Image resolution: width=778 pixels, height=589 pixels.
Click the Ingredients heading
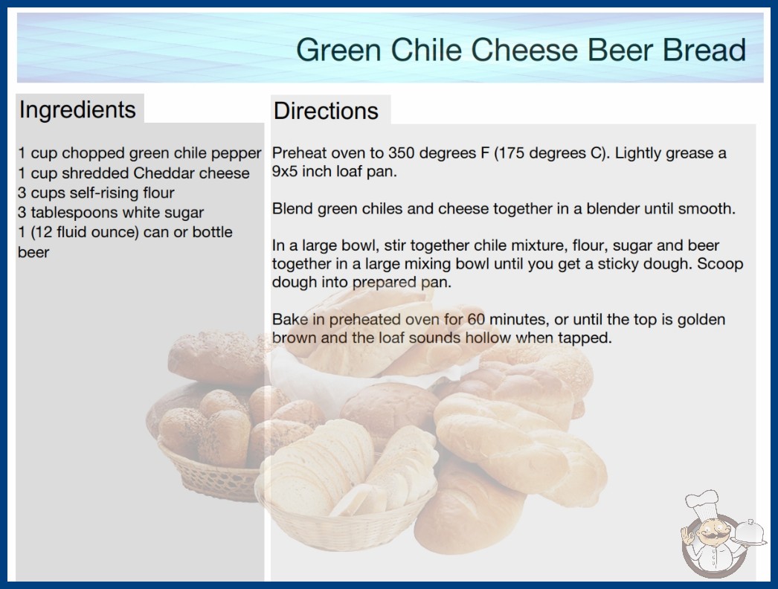77,110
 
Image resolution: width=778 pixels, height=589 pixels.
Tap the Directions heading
326,111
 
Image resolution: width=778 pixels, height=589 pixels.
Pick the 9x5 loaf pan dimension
284,171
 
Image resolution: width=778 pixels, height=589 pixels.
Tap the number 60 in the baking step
476,319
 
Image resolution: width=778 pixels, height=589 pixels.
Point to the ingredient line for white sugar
111,213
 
